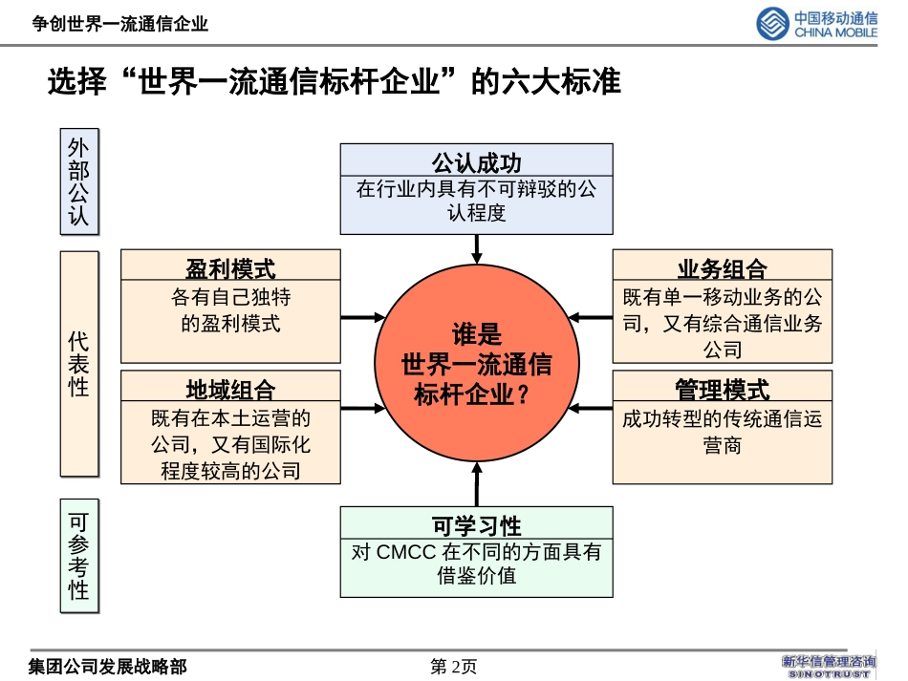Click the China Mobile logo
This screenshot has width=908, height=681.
pos(817,23)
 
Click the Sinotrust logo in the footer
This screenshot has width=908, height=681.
pos(829,666)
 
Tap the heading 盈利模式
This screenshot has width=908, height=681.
pos(230,267)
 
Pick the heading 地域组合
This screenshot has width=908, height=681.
pos(230,389)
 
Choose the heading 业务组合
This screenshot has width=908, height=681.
pos(722,267)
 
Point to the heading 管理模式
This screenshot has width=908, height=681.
pos(722,389)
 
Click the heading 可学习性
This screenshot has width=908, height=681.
pos(476,524)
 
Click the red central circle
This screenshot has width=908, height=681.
pos(476,363)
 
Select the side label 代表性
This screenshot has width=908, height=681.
pos(79,364)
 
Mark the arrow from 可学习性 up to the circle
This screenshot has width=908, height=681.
pos(476,483)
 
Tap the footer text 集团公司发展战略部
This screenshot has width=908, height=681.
pos(107,667)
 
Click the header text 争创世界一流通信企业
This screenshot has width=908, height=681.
pos(119,24)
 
